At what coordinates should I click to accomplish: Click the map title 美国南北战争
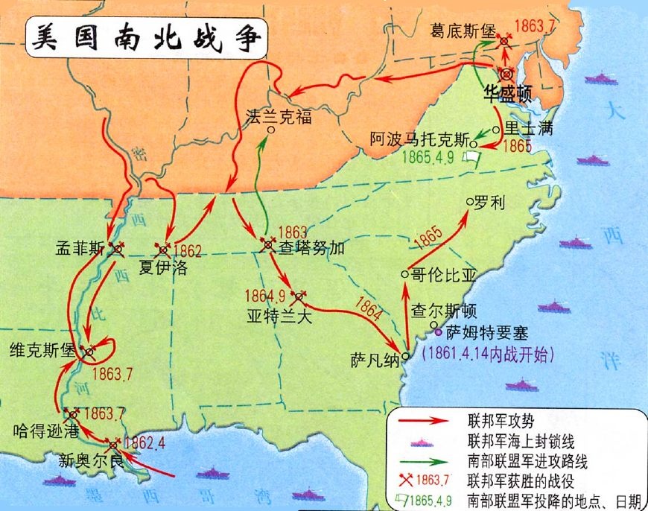(x=146, y=38)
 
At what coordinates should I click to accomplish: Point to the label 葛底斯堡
(x=462, y=31)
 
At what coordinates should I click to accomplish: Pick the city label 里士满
(x=530, y=128)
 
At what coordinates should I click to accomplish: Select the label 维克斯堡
(x=43, y=349)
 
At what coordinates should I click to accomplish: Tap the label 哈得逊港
(x=34, y=431)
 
